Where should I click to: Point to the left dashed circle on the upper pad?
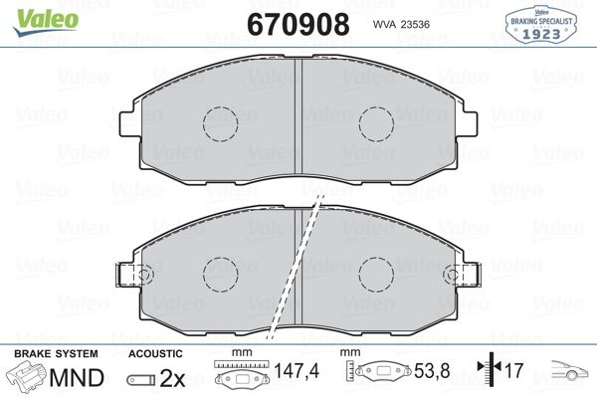point(220,124)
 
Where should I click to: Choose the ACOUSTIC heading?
point(155,354)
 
